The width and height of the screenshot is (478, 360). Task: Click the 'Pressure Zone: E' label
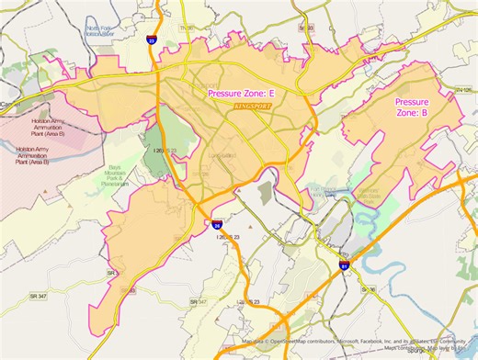[242, 94]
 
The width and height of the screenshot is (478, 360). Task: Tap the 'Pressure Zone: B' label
[411, 107]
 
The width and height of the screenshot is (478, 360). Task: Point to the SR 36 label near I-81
[368, 288]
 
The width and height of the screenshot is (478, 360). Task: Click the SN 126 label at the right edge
[463, 89]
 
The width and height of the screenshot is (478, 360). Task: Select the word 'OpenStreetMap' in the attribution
[290, 343]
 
